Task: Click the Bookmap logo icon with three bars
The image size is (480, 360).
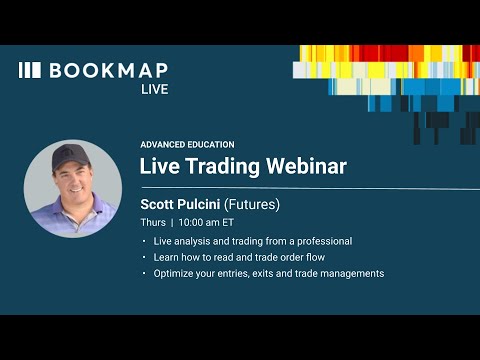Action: pos(30,70)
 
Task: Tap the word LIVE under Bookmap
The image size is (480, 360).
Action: pos(154,89)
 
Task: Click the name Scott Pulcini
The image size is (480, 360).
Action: pos(179,203)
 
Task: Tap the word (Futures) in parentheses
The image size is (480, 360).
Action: pos(251,203)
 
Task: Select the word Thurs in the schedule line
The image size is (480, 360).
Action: pos(152,222)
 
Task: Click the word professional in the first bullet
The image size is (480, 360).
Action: pos(319,241)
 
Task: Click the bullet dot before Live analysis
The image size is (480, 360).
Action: pos(143,241)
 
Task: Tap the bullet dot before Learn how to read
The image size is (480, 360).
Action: pos(143,257)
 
